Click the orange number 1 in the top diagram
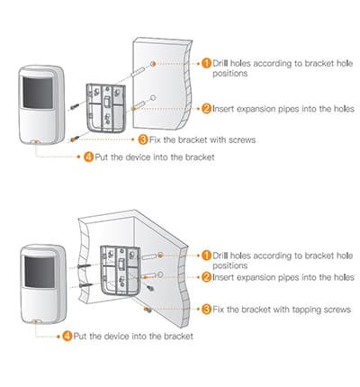[x=206, y=63]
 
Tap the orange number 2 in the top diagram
[x=206, y=109]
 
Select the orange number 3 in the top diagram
[x=143, y=139]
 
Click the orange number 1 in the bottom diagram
[x=206, y=255]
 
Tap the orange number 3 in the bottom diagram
[x=206, y=309]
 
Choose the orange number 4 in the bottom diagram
[x=67, y=336]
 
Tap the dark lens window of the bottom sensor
[x=39, y=269]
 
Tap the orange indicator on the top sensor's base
[x=35, y=141]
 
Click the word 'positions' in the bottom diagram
[x=231, y=265]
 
